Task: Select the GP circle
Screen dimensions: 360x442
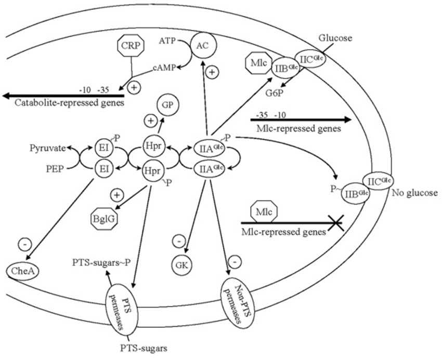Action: pyautogui.click(x=167, y=105)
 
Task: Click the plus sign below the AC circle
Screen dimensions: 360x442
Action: pyautogui.click(x=212, y=73)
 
